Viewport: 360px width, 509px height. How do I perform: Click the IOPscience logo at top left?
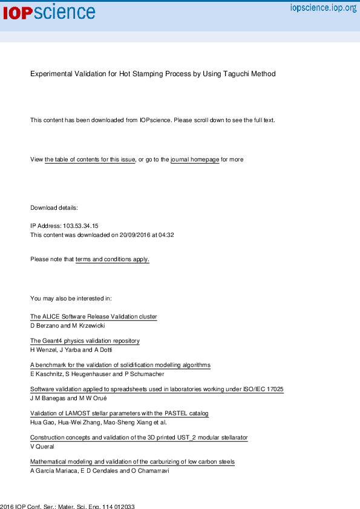[x=48, y=13]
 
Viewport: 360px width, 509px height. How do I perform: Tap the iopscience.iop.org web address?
[x=323, y=8]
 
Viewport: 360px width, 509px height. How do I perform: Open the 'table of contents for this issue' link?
[x=90, y=160]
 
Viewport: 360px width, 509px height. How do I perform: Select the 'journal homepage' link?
[x=195, y=160]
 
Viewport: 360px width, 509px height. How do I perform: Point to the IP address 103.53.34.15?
[x=80, y=225]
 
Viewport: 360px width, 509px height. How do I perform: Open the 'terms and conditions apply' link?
[x=113, y=259]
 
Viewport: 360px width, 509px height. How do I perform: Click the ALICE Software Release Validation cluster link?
[x=94, y=317]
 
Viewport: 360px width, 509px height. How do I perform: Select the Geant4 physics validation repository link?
[x=85, y=341]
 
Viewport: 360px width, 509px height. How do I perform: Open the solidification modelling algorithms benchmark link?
[x=120, y=365]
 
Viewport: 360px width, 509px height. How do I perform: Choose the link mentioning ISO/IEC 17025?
[x=157, y=389]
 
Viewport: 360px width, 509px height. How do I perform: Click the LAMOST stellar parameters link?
[x=119, y=413]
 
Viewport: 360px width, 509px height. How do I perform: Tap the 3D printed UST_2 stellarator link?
[x=139, y=438]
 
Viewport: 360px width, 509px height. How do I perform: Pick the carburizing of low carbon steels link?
[x=133, y=462]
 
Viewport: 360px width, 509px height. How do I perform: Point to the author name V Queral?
[x=42, y=447]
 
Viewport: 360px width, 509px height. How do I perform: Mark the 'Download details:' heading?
[x=54, y=208]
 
